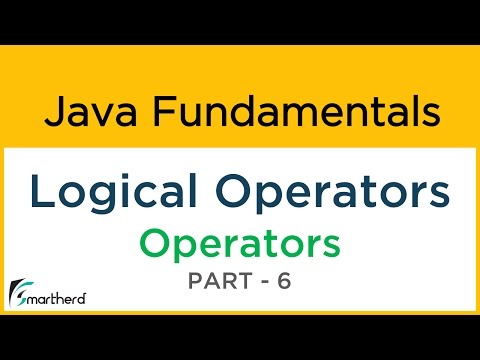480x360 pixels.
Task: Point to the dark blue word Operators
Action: (x=333, y=191)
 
